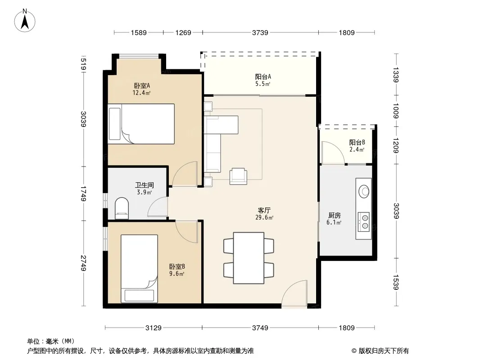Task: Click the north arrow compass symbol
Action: [x=25, y=21]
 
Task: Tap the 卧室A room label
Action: [x=142, y=85]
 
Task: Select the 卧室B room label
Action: [x=177, y=267]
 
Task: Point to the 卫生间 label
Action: [x=145, y=185]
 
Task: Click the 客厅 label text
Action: [x=264, y=211]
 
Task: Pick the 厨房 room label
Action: [x=334, y=216]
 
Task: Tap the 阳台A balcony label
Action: [x=263, y=77]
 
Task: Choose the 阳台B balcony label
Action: [x=357, y=142]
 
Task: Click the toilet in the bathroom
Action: [x=122, y=208]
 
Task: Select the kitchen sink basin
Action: [x=364, y=191]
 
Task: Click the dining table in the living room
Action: [x=249, y=258]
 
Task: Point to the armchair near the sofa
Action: [x=239, y=176]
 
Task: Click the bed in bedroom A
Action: [x=141, y=124]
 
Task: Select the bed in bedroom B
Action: [x=139, y=269]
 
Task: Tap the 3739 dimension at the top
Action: [x=260, y=32]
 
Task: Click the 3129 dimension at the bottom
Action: [x=154, y=328]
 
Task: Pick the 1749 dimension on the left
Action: [x=83, y=193]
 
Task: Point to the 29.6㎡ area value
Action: [x=264, y=217]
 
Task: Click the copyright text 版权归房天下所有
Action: [x=384, y=351]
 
